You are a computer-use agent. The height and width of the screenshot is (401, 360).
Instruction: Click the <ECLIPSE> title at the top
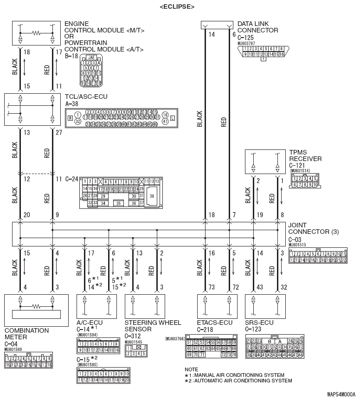point(177,6)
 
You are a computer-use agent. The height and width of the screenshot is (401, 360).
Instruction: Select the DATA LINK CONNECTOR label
point(257,26)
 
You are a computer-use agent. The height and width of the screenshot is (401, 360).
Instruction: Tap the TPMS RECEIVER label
point(305,155)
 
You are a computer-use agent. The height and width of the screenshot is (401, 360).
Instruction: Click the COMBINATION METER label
point(26,334)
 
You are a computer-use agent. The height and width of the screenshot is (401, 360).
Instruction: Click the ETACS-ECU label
point(214,323)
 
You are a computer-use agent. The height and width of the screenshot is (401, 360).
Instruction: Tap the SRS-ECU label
point(259,323)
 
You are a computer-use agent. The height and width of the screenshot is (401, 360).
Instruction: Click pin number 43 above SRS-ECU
point(260,288)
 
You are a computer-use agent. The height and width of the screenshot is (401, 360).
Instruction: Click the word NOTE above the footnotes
point(191,369)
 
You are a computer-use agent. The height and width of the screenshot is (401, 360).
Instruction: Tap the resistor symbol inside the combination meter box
point(36,307)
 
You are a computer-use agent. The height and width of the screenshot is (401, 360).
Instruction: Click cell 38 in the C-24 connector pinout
point(152,196)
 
